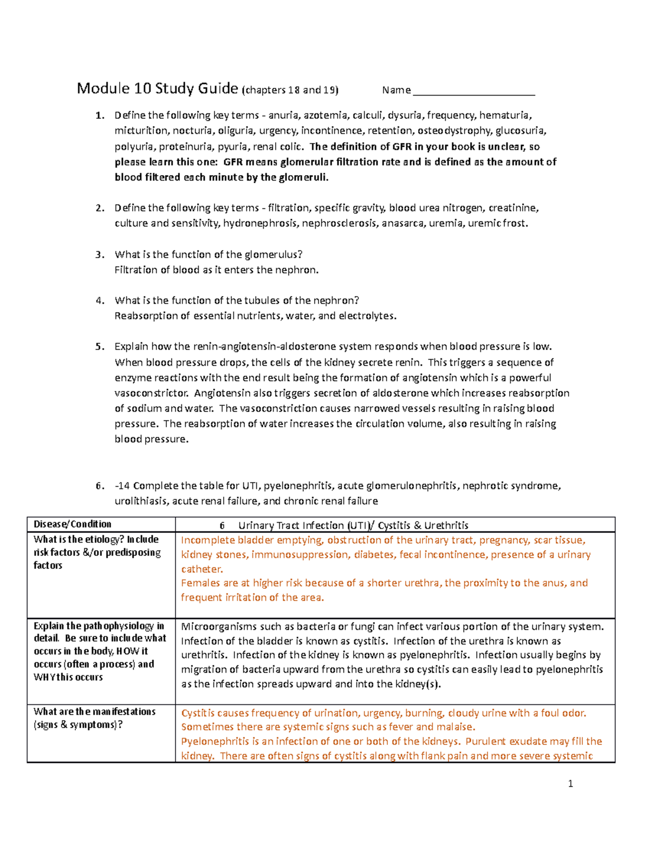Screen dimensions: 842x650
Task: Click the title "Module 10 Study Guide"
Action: [157, 88]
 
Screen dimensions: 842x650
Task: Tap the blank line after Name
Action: [473, 91]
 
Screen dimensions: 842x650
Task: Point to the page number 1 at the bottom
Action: [570, 783]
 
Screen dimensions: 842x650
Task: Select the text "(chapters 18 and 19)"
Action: [290, 91]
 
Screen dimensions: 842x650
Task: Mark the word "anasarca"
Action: [403, 223]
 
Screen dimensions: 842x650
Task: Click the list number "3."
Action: [100, 255]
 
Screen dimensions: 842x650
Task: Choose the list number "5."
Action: [100, 347]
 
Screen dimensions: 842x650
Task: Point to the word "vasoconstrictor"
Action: [152, 393]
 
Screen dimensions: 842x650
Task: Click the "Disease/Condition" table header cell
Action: [73, 524]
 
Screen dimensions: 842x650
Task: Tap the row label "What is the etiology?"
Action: [96, 539]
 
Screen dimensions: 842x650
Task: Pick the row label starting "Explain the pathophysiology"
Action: [99, 626]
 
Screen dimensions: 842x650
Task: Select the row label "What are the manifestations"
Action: [94, 712]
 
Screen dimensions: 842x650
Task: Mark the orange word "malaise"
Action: [454, 727]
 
